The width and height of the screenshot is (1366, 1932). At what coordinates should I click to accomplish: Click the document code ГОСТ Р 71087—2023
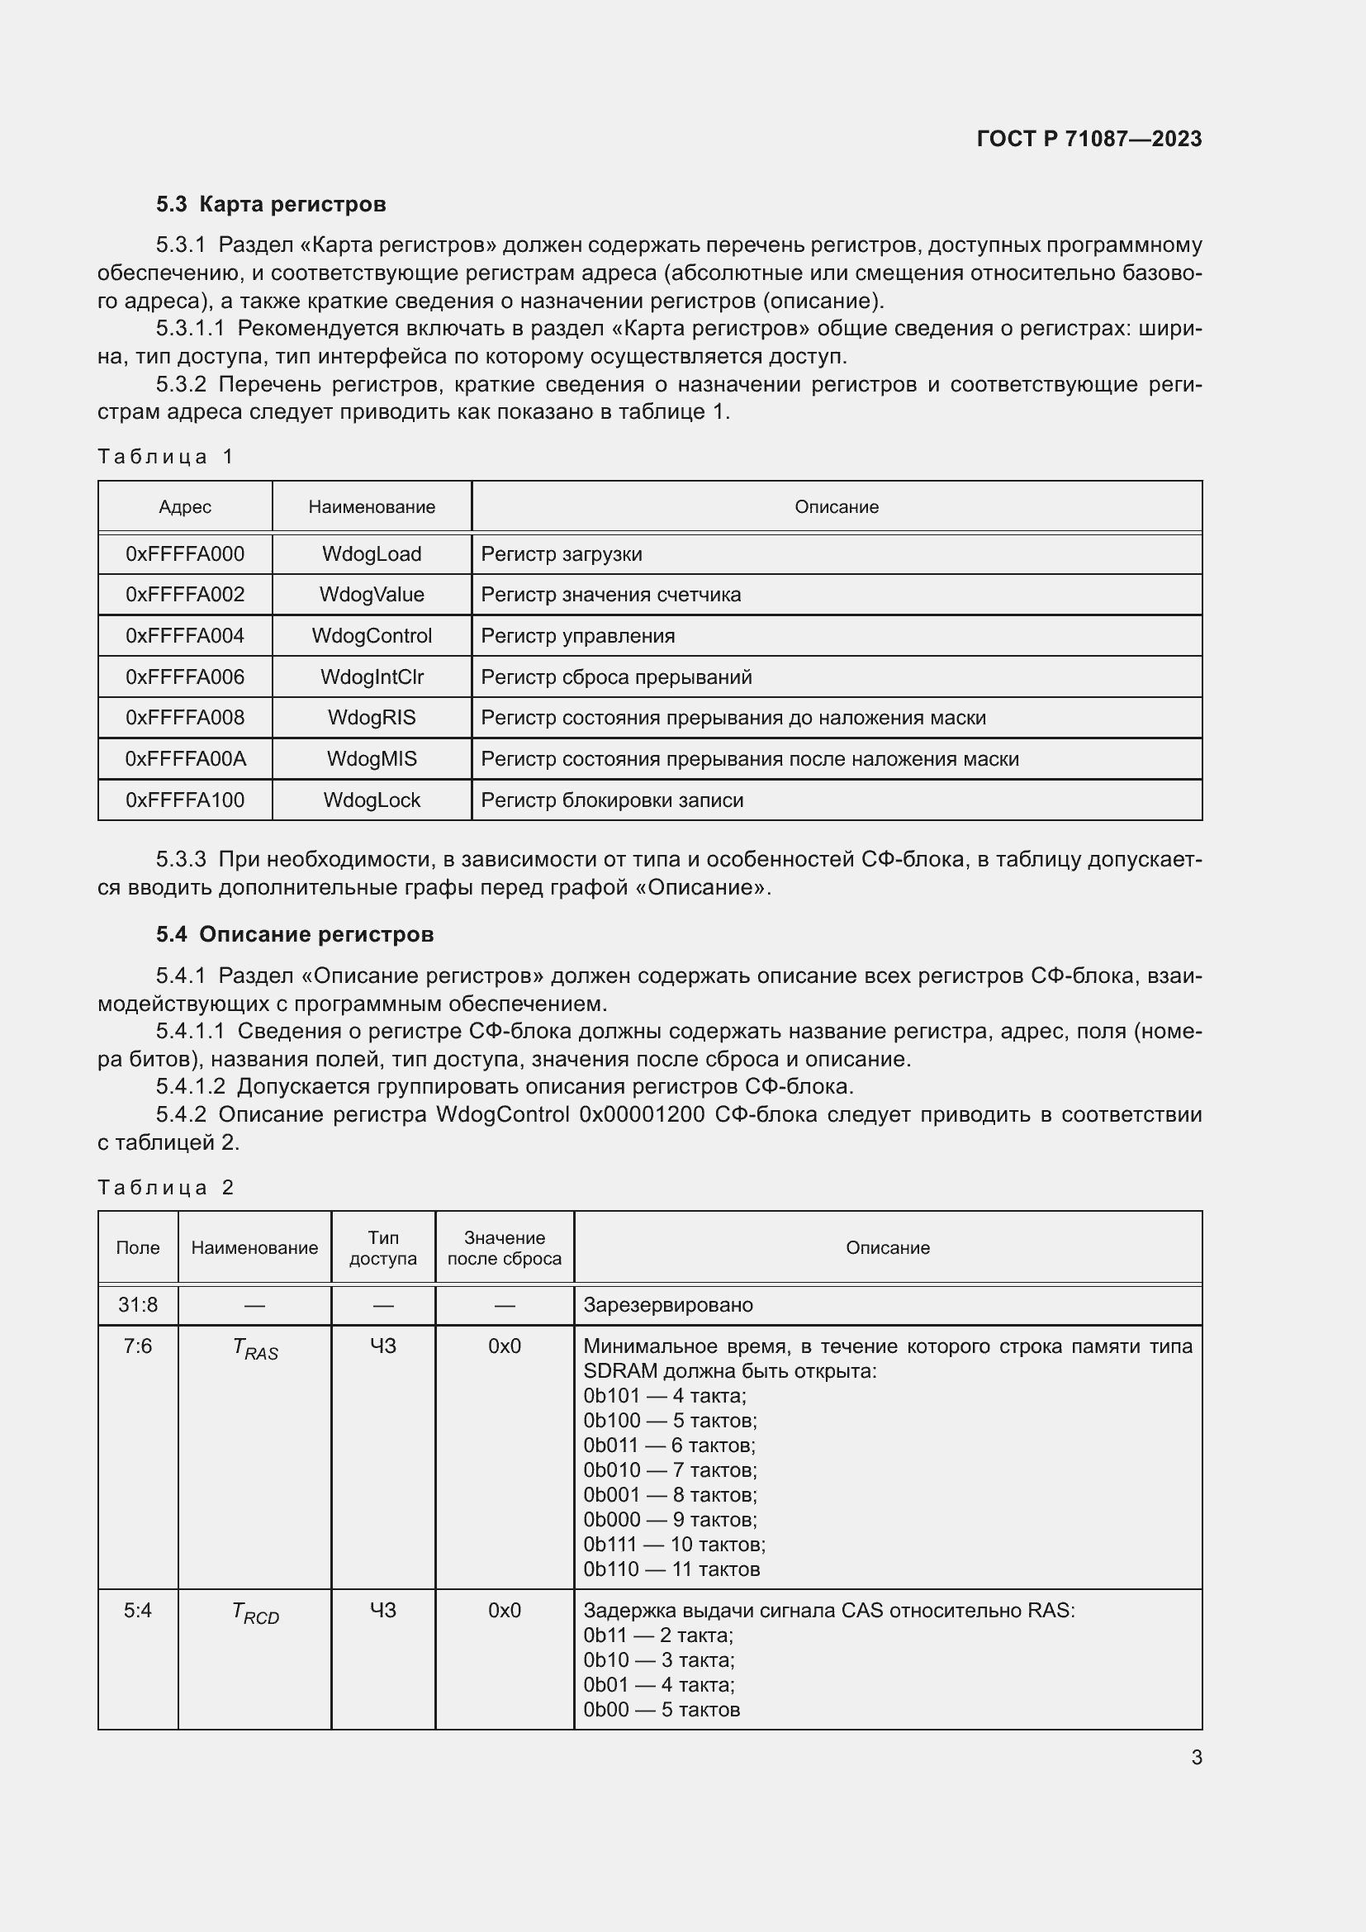click(1089, 139)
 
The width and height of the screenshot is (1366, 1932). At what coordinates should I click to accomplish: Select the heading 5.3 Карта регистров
click(271, 205)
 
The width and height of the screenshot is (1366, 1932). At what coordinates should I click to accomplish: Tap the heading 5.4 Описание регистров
click(294, 934)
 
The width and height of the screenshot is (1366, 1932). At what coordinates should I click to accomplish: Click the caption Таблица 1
click(166, 457)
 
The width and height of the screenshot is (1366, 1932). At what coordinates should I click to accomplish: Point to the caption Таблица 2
click(166, 1187)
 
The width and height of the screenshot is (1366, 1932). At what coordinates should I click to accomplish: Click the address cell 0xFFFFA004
click(185, 636)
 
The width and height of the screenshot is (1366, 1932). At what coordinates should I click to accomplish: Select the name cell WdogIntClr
click(372, 677)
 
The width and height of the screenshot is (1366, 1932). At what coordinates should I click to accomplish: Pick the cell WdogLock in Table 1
click(372, 800)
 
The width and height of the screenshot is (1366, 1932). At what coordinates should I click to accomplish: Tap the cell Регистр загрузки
click(561, 554)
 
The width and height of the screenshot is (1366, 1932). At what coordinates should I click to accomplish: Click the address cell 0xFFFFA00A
click(185, 759)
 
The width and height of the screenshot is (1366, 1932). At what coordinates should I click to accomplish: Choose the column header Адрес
click(185, 507)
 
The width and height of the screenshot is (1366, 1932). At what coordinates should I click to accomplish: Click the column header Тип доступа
click(382, 1248)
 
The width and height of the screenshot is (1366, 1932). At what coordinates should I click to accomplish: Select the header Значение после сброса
click(504, 1248)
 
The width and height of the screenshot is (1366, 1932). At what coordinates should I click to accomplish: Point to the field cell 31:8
click(138, 1305)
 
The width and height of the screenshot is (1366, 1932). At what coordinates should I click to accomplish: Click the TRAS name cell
click(255, 1350)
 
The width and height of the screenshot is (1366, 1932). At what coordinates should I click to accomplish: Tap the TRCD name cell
click(255, 1613)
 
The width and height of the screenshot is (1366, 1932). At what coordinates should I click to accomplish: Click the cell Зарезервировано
click(668, 1305)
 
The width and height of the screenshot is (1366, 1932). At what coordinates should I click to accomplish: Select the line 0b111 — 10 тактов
click(674, 1544)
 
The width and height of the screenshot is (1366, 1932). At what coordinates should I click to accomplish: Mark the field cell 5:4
click(138, 1611)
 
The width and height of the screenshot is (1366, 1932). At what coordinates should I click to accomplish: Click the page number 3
click(1196, 1757)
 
